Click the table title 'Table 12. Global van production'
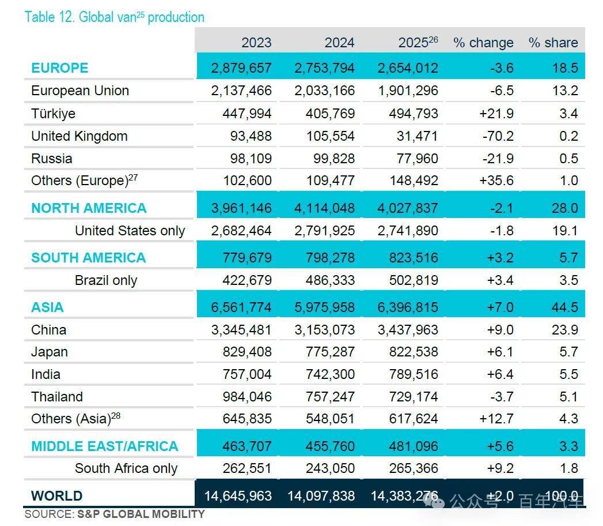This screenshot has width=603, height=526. [x=114, y=17]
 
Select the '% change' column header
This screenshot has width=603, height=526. [x=483, y=42]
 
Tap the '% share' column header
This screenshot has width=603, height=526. [x=553, y=42]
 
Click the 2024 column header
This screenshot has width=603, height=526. [x=339, y=42]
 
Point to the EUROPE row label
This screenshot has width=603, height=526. [x=59, y=68]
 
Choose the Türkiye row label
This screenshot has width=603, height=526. [x=53, y=114]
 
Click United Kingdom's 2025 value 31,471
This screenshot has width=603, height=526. [x=417, y=136]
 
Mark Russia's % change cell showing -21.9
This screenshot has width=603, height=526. [x=498, y=158]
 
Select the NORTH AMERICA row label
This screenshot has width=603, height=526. [x=89, y=208]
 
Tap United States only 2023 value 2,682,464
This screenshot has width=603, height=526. [x=241, y=231]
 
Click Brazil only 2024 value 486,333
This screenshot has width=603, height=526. [x=330, y=280]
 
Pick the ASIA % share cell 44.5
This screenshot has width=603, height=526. [x=564, y=307]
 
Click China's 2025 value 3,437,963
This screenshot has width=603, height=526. [x=408, y=330]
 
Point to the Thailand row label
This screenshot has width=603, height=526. [x=57, y=397]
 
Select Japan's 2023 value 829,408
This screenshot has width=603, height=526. [x=247, y=352]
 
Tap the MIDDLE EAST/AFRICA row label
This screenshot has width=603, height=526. [x=105, y=446]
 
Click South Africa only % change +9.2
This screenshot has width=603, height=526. [x=500, y=468]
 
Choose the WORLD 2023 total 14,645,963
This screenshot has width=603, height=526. [x=238, y=495]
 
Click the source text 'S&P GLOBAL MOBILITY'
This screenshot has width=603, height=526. [x=141, y=514]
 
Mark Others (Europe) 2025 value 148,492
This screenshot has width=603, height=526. [x=414, y=180]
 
